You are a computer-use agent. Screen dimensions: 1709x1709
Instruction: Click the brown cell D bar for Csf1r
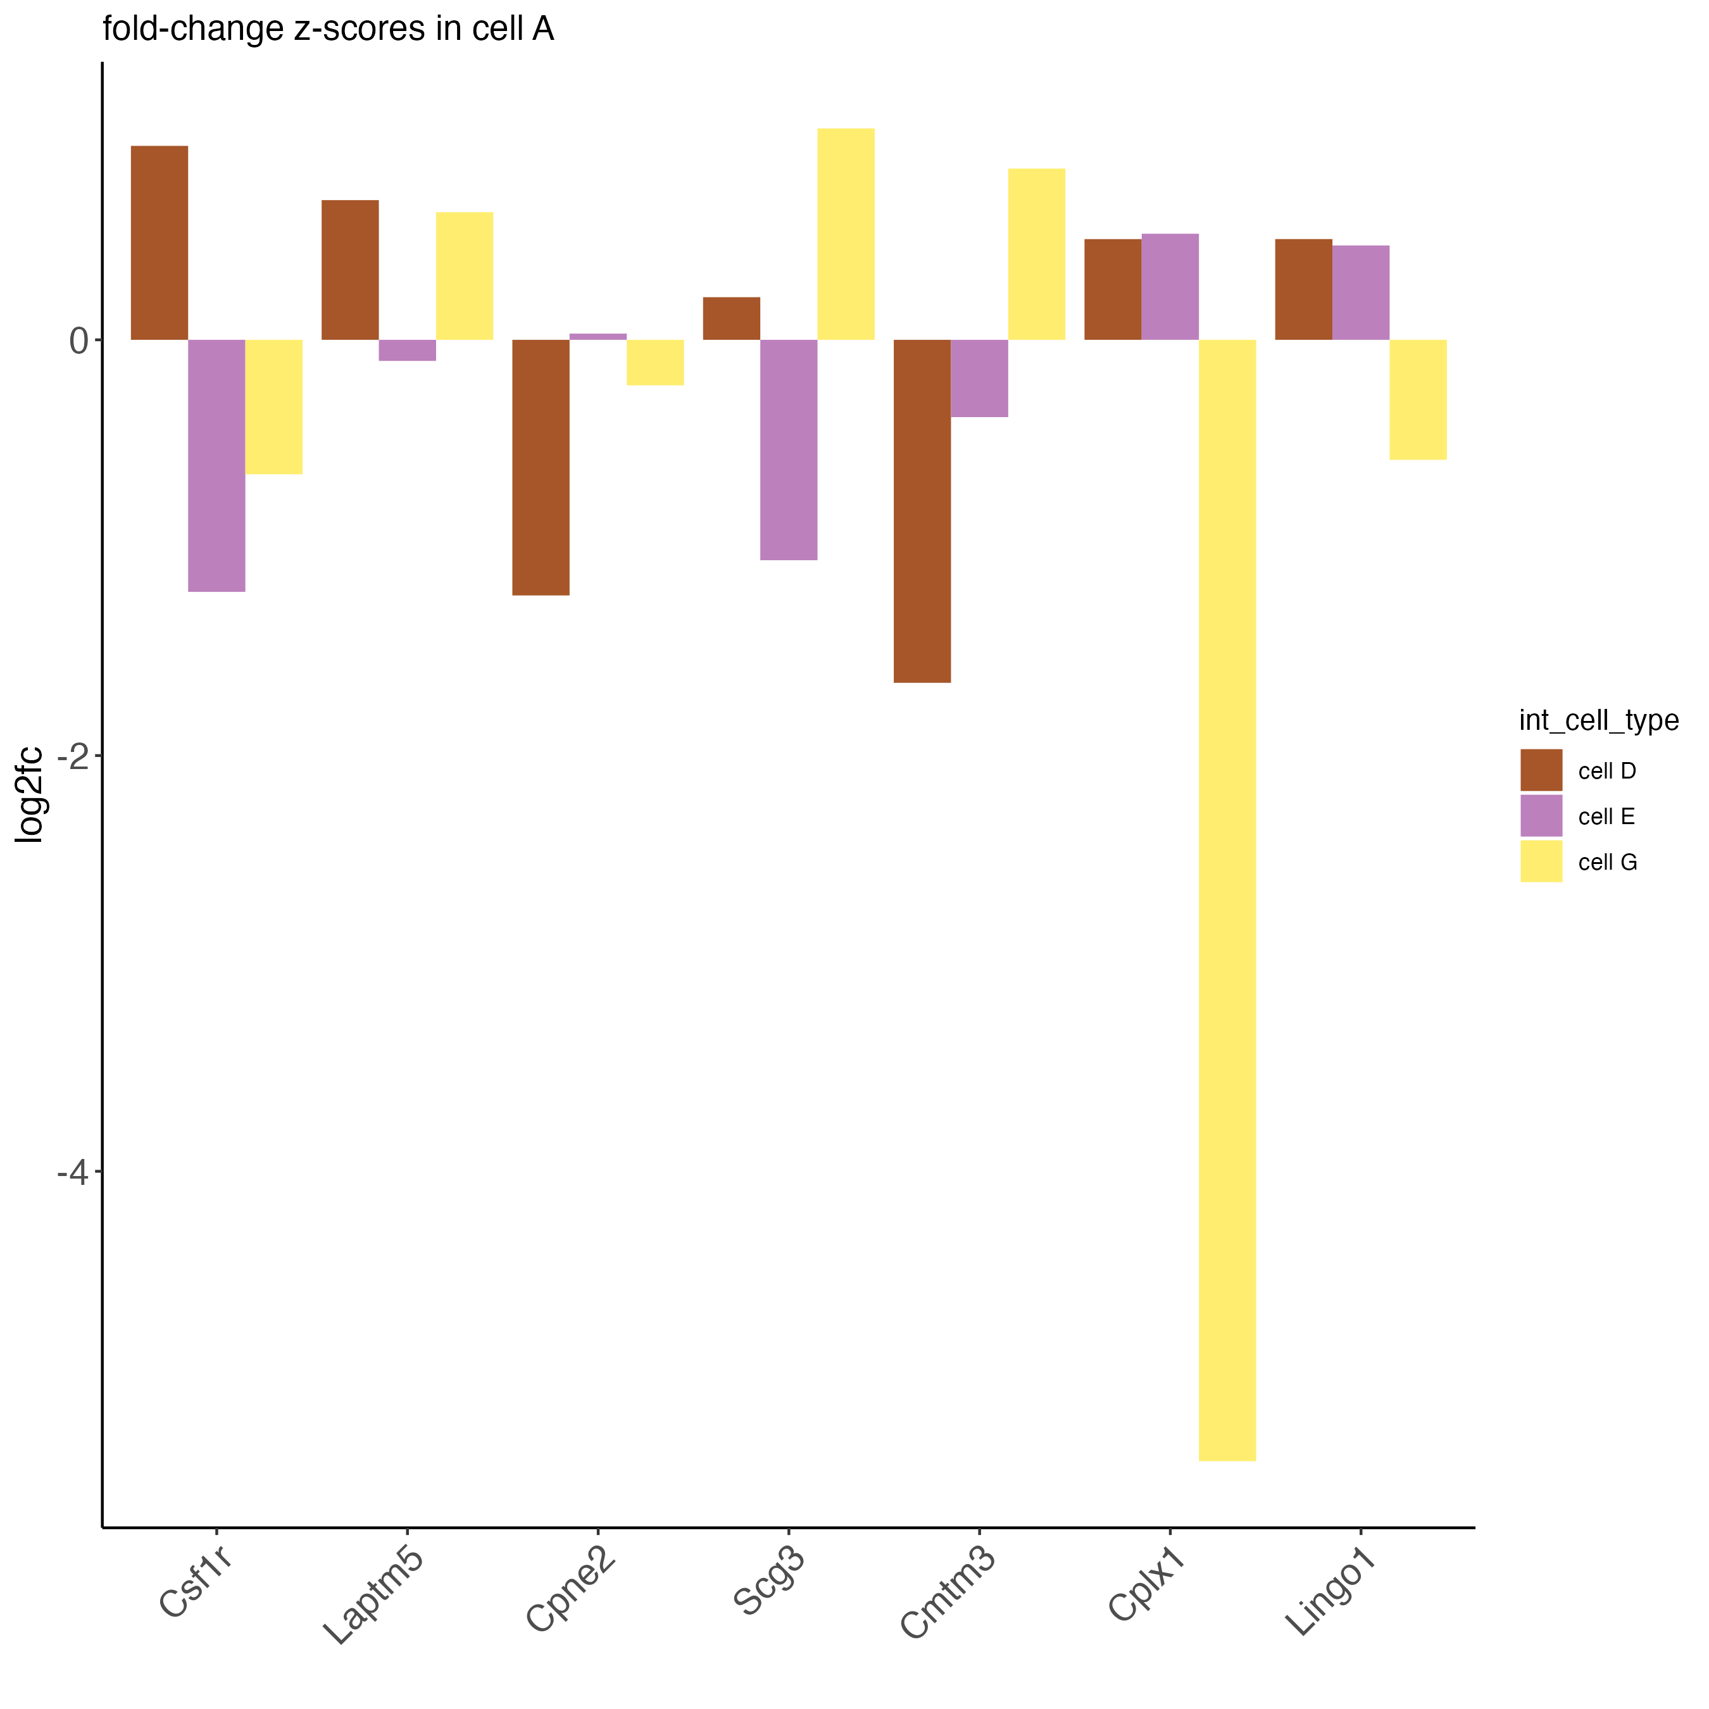point(160,242)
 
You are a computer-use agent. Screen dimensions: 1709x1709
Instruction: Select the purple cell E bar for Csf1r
point(216,465)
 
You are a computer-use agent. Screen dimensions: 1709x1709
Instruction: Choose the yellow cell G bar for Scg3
point(846,234)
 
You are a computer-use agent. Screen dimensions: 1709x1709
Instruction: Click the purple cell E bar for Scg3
point(788,449)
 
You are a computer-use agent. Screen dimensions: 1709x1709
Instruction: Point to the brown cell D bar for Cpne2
point(541,467)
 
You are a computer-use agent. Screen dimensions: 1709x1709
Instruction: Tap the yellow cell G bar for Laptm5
point(465,276)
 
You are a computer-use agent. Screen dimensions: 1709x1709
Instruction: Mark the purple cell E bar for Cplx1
point(1170,287)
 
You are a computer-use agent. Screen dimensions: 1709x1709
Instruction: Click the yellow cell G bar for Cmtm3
point(1037,254)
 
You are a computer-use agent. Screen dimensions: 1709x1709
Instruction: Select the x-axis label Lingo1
point(1331,1593)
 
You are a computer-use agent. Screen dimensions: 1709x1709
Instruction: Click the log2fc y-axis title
point(30,794)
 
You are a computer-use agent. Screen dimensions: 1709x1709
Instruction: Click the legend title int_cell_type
point(1598,721)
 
